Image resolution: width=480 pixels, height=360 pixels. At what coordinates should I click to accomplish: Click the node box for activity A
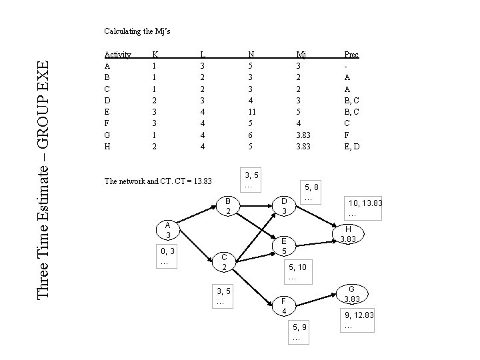[169, 231]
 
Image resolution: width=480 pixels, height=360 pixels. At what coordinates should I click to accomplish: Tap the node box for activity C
[225, 263]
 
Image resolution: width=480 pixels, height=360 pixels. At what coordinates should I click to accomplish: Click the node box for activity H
[347, 234]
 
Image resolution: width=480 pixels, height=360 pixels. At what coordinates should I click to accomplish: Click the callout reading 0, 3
[167, 257]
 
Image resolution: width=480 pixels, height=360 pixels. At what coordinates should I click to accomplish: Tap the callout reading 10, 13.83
[363, 207]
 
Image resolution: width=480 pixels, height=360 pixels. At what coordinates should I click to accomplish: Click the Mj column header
[301, 55]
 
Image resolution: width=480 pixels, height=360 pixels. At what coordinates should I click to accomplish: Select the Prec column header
[351, 55]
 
